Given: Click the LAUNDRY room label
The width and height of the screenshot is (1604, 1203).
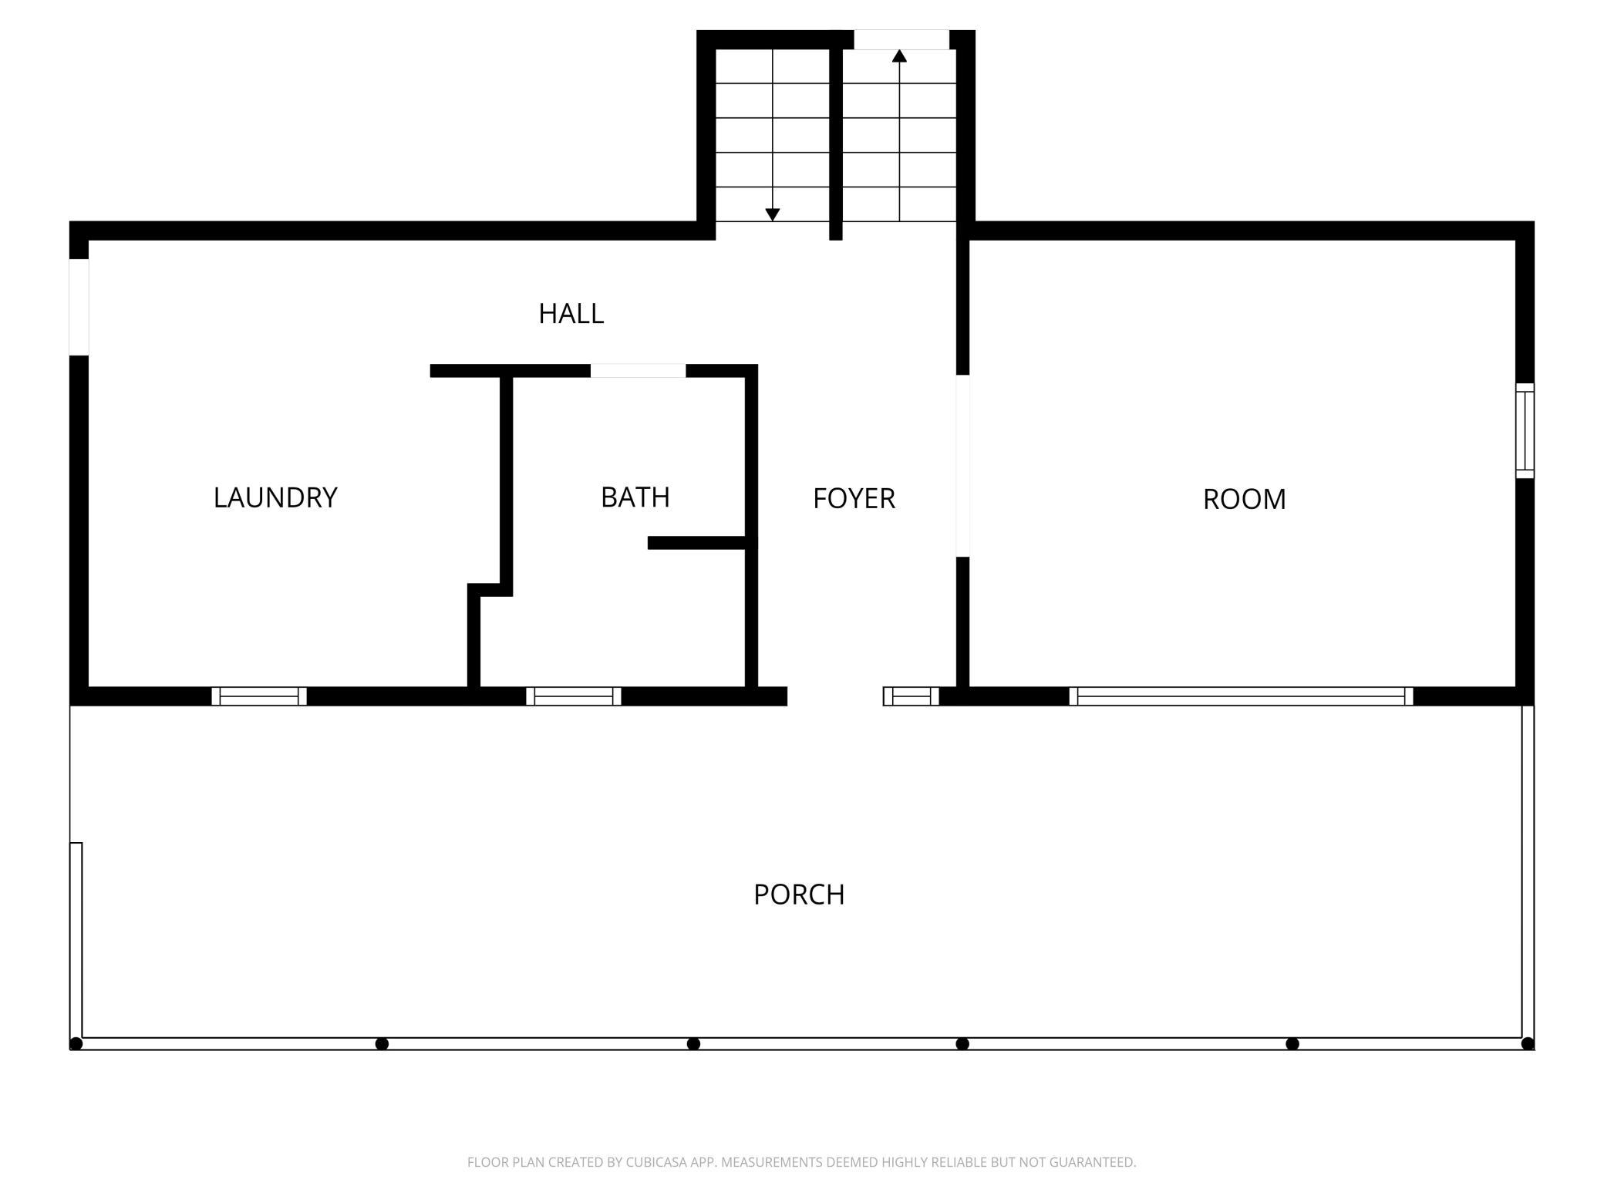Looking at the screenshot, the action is pos(275,497).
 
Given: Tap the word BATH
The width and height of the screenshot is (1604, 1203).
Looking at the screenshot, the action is pos(635,497).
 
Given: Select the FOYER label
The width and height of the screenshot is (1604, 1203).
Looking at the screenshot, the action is pos(854,499).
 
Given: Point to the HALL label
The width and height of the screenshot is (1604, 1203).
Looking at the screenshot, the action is pos(571,314).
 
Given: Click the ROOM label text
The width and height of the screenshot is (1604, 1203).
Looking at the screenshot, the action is pos(1245,500).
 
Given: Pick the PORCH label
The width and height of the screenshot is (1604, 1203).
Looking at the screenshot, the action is pos(799,895).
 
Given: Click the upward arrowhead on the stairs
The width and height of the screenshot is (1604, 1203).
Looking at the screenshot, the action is pos(899,56).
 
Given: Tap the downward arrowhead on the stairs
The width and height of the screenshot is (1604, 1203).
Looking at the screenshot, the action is pos(773,215).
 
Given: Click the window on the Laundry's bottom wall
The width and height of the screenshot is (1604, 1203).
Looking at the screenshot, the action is pos(259,696).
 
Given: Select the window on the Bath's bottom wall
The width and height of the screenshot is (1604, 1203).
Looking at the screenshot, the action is pos(574,696).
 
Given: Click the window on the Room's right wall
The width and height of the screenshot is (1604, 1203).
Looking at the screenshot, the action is pos(1525,430).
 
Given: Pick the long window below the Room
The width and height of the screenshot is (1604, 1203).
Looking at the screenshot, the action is pos(1242,696).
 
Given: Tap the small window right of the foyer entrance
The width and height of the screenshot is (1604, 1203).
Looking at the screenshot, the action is pos(912,696).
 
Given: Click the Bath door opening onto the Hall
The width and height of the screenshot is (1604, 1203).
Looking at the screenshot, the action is pos(638,371).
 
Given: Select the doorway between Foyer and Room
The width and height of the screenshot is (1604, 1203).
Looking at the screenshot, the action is pos(962,466).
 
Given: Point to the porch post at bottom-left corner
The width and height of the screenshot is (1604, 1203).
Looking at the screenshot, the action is pos(76,1043).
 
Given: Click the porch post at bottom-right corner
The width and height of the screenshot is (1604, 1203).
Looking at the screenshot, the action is pos(1528,1043).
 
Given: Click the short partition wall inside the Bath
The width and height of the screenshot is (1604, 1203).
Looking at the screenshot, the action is pos(697,543).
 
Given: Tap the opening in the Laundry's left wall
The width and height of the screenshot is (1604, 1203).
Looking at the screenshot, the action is pos(79,307).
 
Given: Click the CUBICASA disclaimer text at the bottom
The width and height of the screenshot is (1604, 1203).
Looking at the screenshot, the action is pos(802,1162).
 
